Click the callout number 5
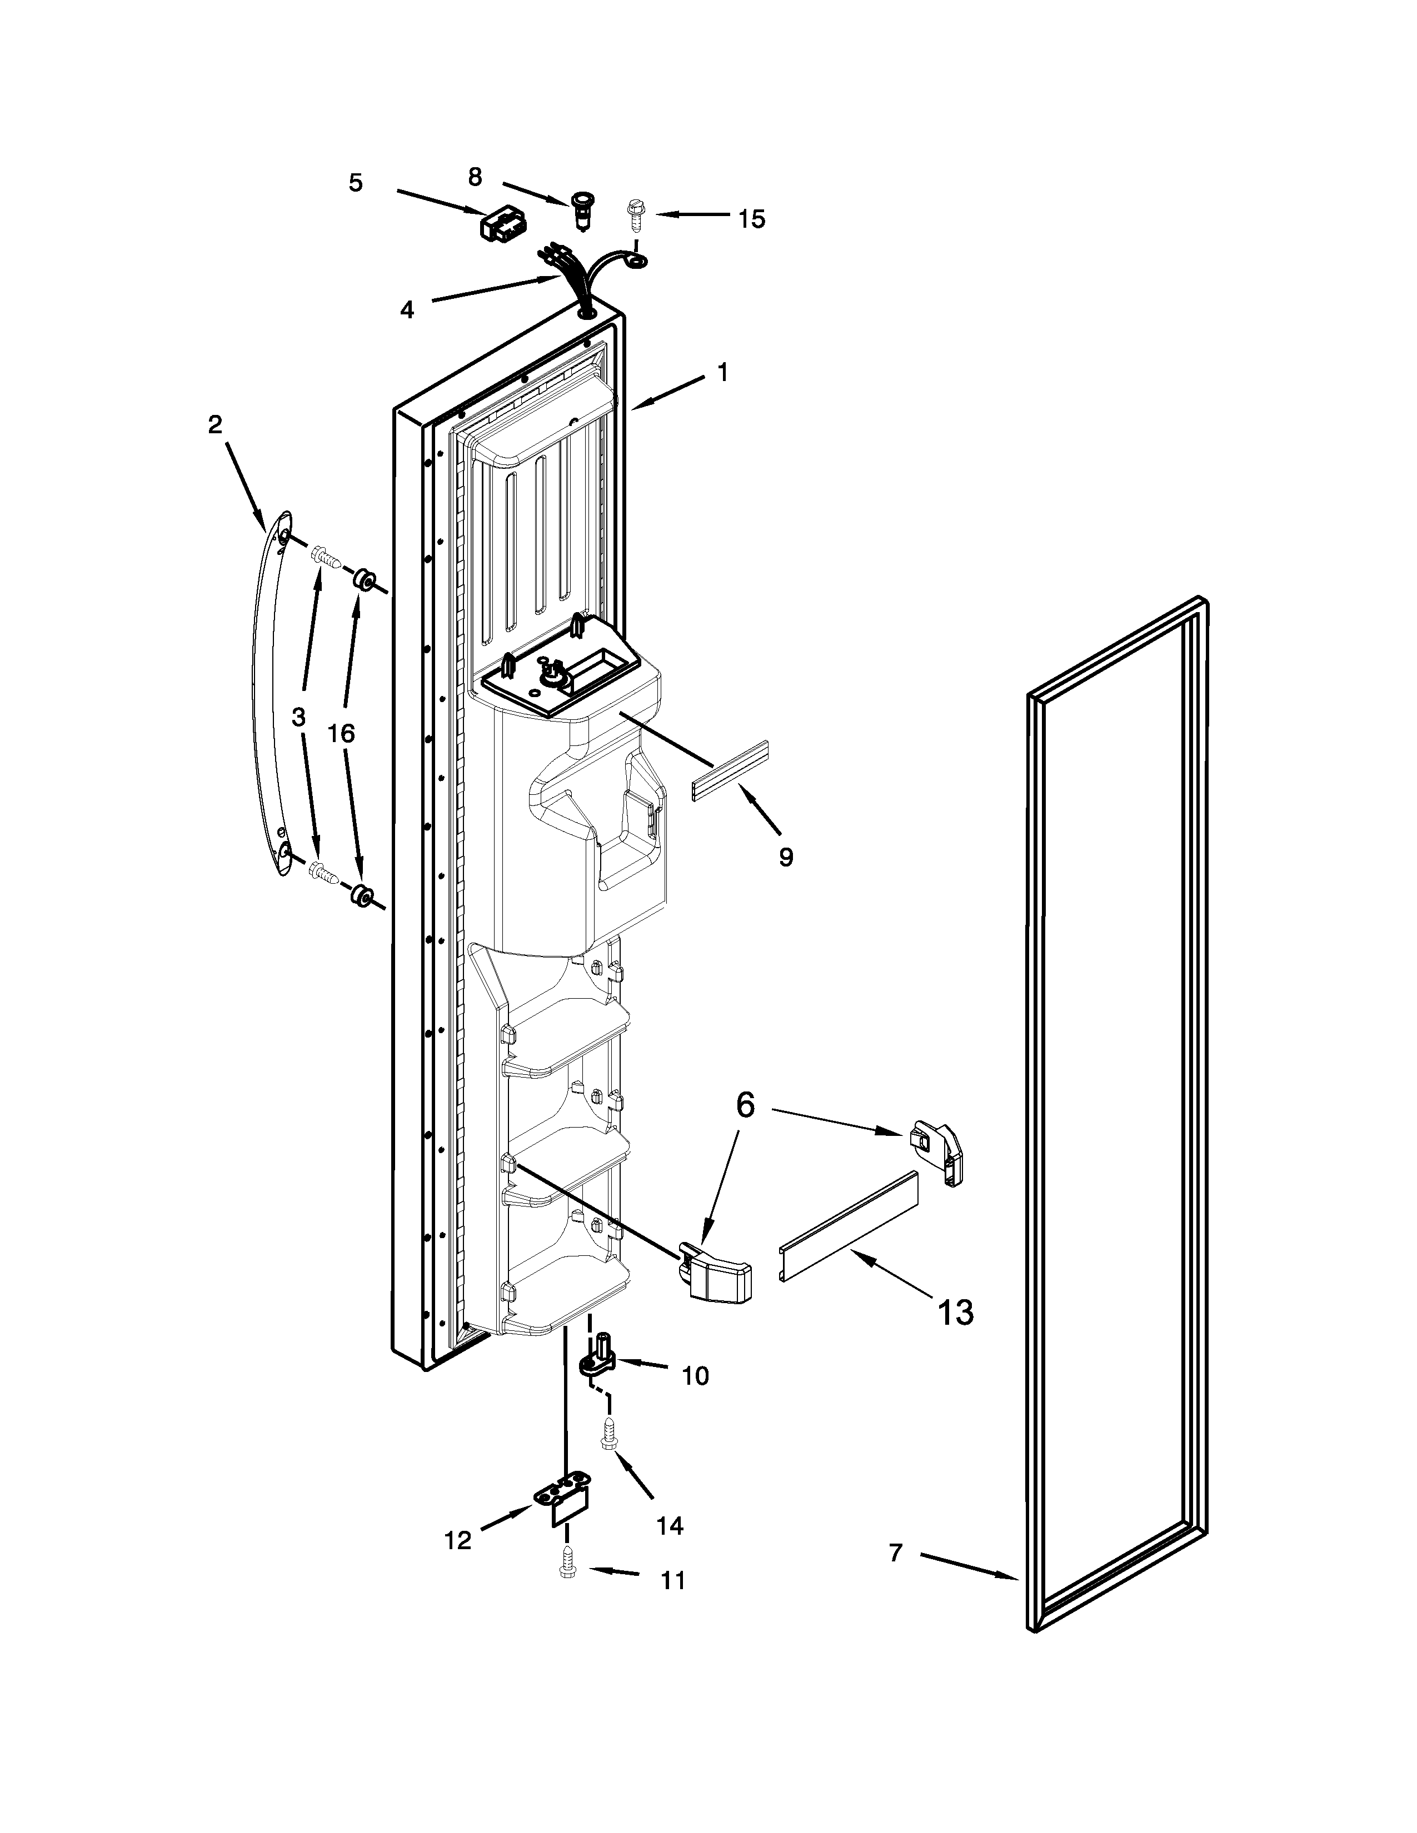pos(356,183)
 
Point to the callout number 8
pos(475,177)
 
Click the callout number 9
pos(786,857)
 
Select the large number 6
pos(745,1105)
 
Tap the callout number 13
pos(955,1312)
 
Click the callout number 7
pos(896,1552)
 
